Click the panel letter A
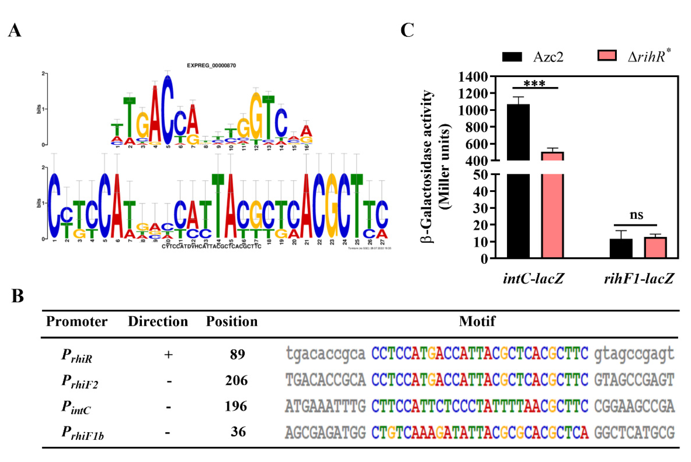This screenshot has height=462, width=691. click(15, 30)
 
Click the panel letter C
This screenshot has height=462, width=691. click(407, 30)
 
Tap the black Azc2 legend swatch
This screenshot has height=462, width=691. click(512, 57)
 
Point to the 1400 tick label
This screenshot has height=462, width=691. click(472, 77)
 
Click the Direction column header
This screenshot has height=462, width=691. click(158, 321)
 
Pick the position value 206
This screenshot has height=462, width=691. click(236, 380)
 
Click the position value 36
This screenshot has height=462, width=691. click(238, 432)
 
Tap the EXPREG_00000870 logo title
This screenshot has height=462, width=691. click(211, 65)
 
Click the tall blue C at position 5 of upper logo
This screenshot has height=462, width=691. click(168, 109)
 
